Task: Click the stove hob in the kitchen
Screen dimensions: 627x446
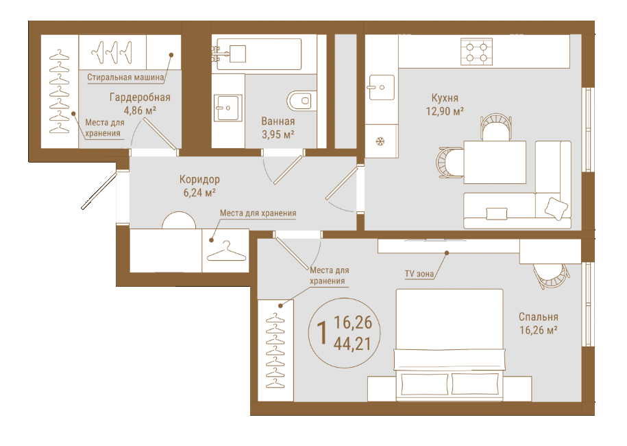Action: (x=476, y=52)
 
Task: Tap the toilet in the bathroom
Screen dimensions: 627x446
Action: (x=302, y=101)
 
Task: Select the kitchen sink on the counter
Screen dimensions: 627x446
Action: (x=381, y=87)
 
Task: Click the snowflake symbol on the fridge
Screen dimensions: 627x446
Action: (x=380, y=141)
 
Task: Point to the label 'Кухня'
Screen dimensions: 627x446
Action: (x=445, y=97)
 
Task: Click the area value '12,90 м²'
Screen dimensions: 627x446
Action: (x=445, y=111)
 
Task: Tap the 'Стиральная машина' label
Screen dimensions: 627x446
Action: (x=125, y=78)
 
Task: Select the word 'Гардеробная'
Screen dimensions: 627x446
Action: (x=140, y=97)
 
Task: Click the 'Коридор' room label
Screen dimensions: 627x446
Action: (x=199, y=179)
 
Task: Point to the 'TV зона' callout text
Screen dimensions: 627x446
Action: (x=419, y=274)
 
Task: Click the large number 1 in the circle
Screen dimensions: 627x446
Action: (x=322, y=333)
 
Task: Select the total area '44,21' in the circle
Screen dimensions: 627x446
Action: (x=352, y=344)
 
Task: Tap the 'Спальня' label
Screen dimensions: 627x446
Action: (x=538, y=317)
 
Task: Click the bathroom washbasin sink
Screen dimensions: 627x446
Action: (x=228, y=107)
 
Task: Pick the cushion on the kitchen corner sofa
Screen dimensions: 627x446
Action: (x=556, y=208)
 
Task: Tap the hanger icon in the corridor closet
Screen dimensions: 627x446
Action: (x=226, y=251)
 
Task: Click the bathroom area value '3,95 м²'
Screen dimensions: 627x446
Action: (x=278, y=134)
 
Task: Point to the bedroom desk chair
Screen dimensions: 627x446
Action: (x=551, y=275)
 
